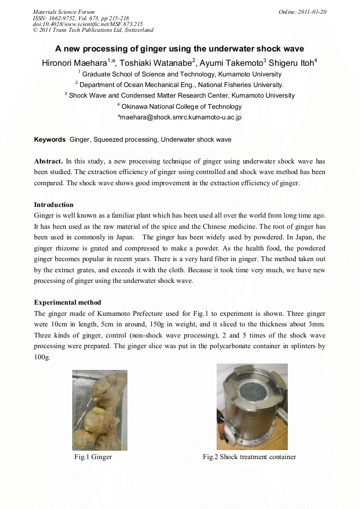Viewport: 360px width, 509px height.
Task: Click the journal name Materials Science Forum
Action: [64, 12]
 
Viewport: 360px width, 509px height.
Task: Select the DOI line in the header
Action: [88, 24]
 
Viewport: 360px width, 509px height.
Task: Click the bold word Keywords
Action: [50, 140]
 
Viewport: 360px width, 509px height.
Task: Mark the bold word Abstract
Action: [48, 160]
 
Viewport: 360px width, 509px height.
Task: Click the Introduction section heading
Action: [54, 204]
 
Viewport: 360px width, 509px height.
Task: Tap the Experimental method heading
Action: [67, 303]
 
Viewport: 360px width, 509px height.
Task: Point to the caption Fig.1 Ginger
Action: [93, 457]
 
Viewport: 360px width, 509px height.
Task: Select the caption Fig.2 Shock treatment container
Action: [249, 457]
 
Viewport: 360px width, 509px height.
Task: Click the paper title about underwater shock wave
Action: [179, 48]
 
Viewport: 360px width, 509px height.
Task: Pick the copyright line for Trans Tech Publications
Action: [93, 30]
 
